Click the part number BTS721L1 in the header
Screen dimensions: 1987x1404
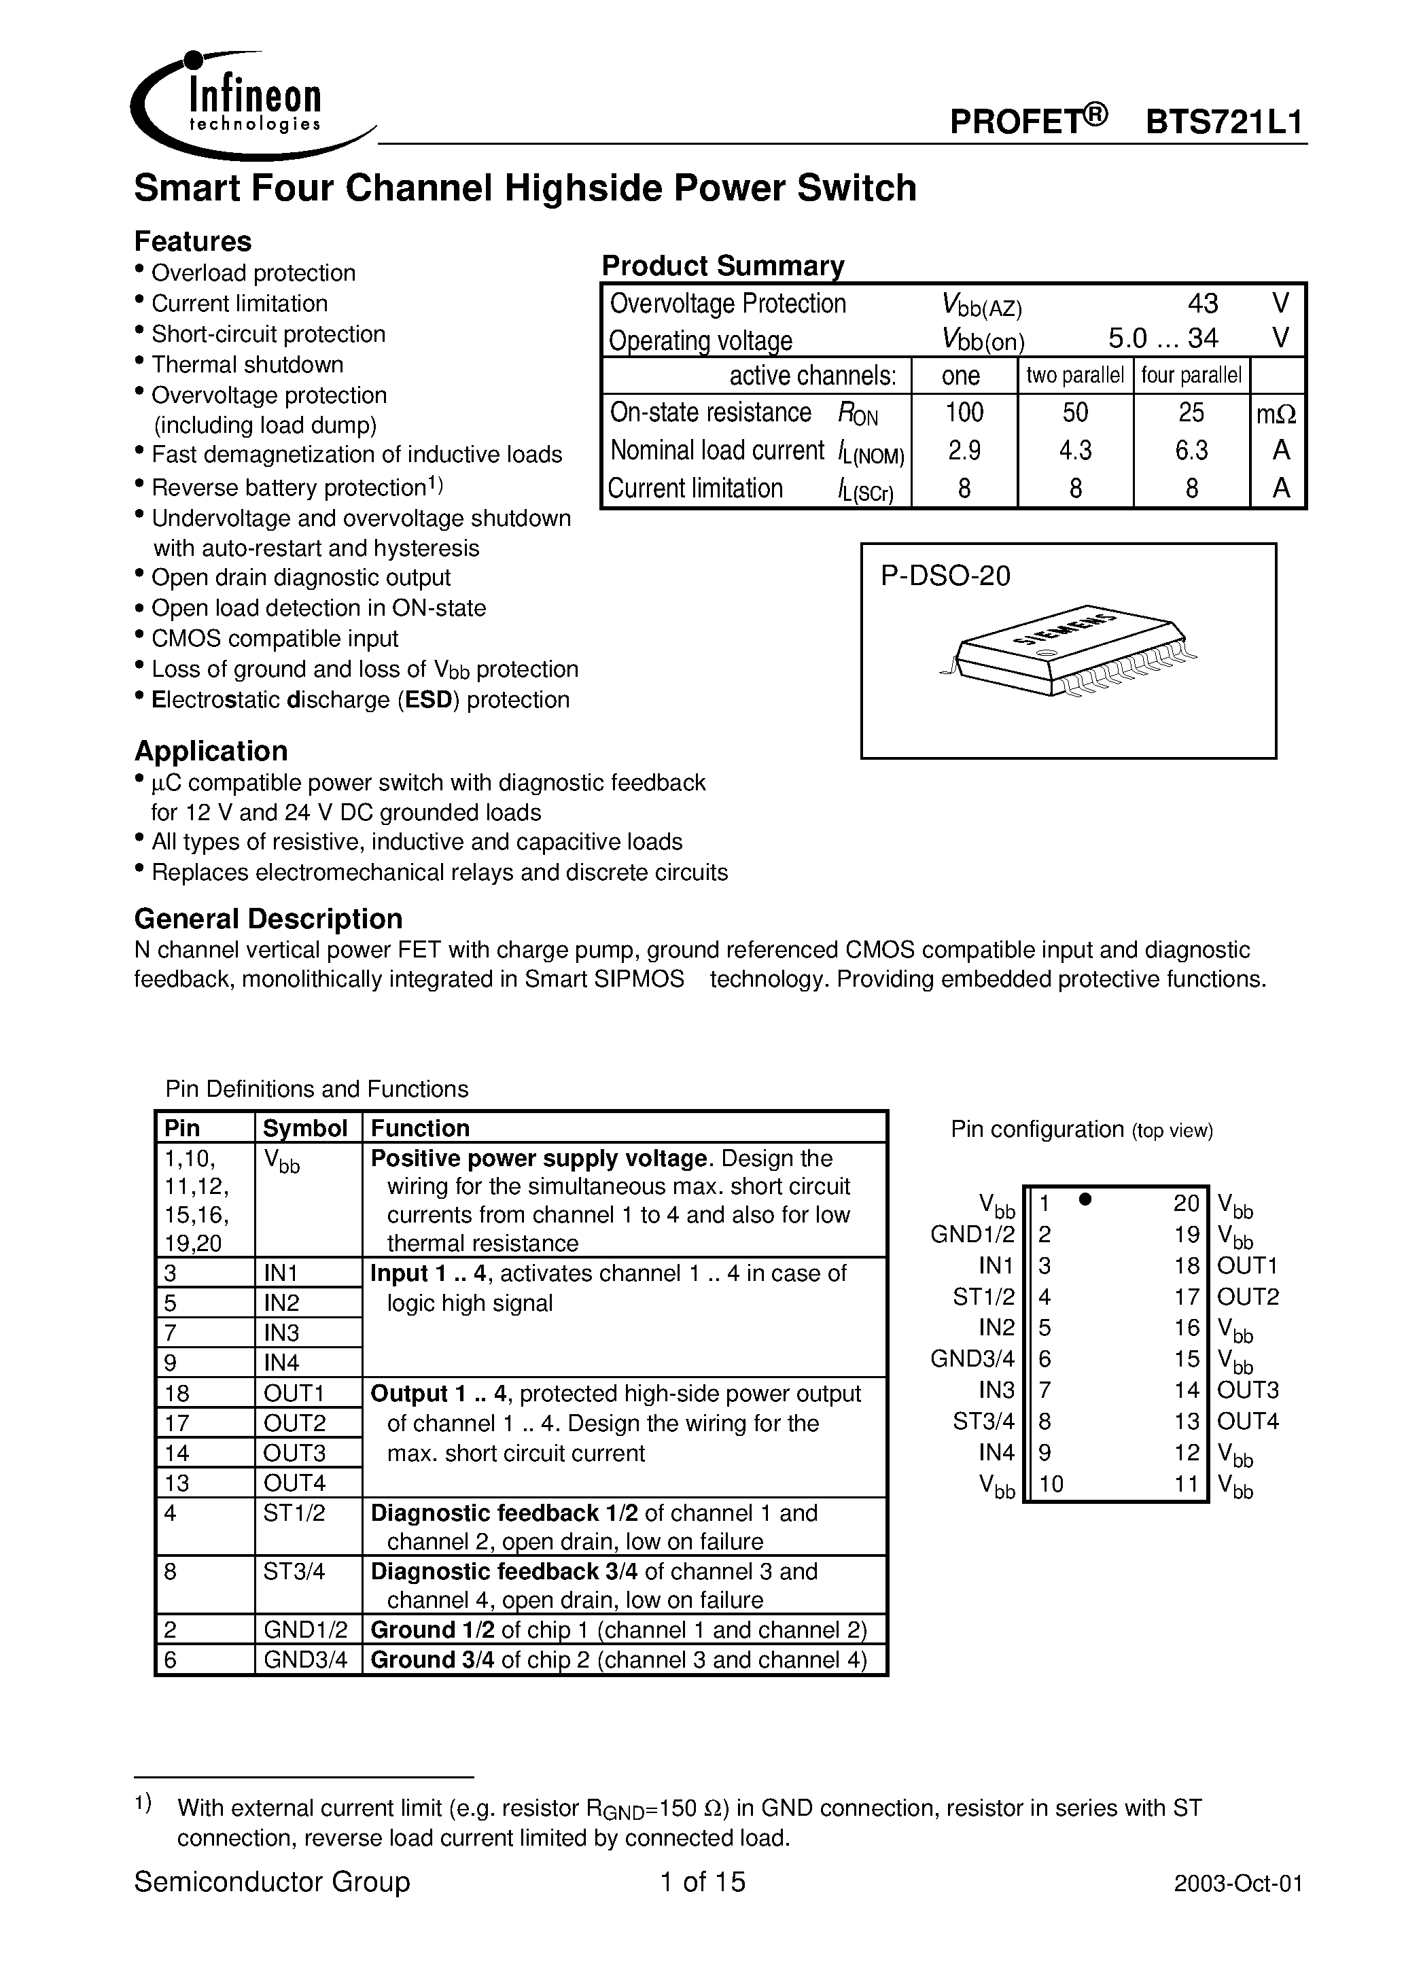1224,122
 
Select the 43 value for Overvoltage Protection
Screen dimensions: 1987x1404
1202,303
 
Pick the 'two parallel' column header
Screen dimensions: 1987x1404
1075,376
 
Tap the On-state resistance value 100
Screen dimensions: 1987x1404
964,412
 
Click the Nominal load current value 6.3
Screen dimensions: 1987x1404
1191,450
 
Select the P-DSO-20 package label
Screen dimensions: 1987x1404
945,576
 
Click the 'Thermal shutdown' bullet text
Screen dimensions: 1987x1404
247,364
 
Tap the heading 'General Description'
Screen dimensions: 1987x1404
268,918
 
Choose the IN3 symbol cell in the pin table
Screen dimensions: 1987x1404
282,1333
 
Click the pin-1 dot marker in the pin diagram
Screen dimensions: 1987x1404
1085,1199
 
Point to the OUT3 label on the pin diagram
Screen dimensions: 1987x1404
1247,1390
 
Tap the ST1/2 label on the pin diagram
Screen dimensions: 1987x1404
983,1297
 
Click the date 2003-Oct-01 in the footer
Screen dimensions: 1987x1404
1238,1883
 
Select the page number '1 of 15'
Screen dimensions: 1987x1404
702,1882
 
